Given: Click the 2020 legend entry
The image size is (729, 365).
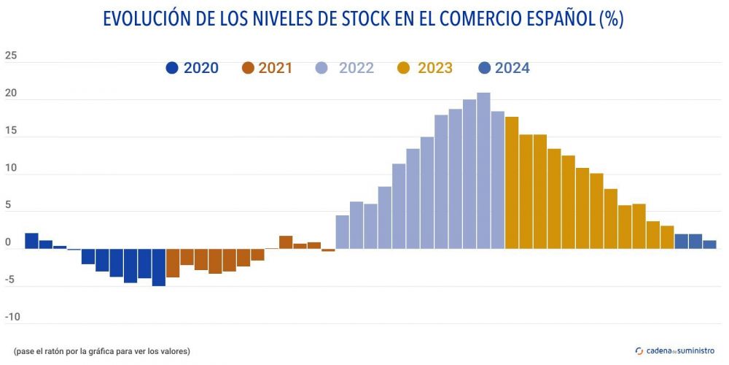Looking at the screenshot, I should coord(192,68).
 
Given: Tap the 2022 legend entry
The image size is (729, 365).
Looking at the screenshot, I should coord(345,68).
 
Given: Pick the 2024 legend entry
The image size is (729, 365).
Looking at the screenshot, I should coord(503,68).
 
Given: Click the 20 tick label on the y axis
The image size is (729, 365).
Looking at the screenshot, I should coord(10,94).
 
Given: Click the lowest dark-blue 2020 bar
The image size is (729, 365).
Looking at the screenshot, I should coord(158,267).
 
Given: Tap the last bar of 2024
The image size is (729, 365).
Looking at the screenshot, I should coord(709,245).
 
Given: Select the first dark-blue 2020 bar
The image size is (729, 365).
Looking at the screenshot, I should coord(31,241).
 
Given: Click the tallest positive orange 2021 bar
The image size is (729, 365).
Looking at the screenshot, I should coord(286,242).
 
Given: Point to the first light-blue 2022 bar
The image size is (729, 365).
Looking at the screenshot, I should coord(342,232).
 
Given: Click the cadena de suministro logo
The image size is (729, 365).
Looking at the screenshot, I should coord(675,351).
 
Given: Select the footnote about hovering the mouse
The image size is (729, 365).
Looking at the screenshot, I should coord(101,351).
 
